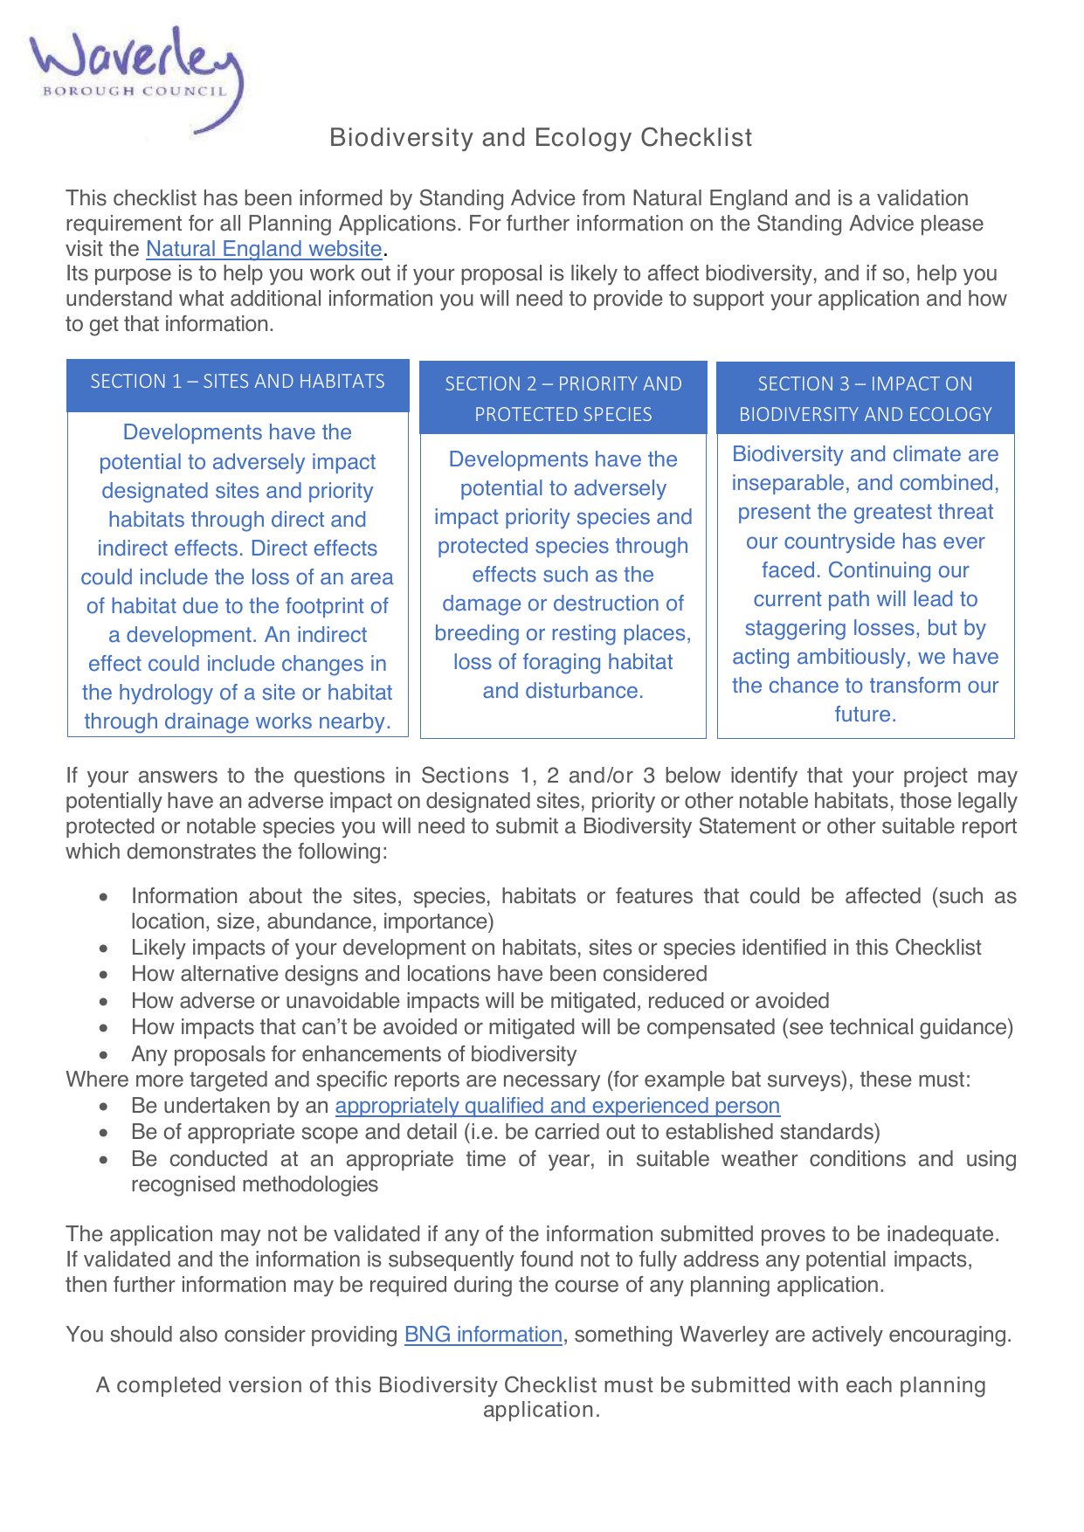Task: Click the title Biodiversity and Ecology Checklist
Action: pos(541,138)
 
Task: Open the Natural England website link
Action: pos(264,249)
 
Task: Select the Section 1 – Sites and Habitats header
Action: pos(238,382)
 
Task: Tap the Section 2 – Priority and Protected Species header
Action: pos(563,398)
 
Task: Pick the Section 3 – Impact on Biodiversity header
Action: pos(865,398)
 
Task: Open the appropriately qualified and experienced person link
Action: pos(557,1106)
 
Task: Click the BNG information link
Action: pos(483,1335)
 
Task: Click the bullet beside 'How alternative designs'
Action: pos(104,975)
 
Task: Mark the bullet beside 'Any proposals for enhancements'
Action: pos(104,1055)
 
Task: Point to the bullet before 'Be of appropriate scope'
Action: pos(104,1133)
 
